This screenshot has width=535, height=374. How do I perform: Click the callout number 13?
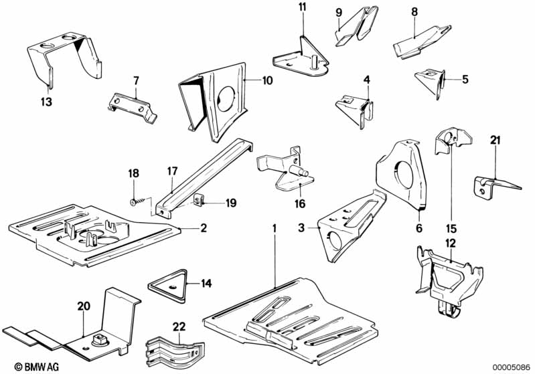46,103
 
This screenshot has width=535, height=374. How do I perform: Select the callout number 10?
267,81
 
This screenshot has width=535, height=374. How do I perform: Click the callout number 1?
274,228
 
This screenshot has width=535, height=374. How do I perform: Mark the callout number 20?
83,306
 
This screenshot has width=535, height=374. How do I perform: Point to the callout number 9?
338,12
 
